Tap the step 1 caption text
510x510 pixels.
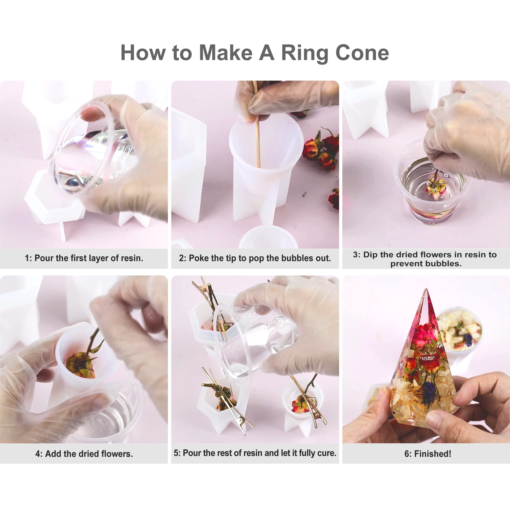(84, 258)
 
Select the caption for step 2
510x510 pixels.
(255, 258)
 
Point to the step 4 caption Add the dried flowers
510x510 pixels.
(84, 454)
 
